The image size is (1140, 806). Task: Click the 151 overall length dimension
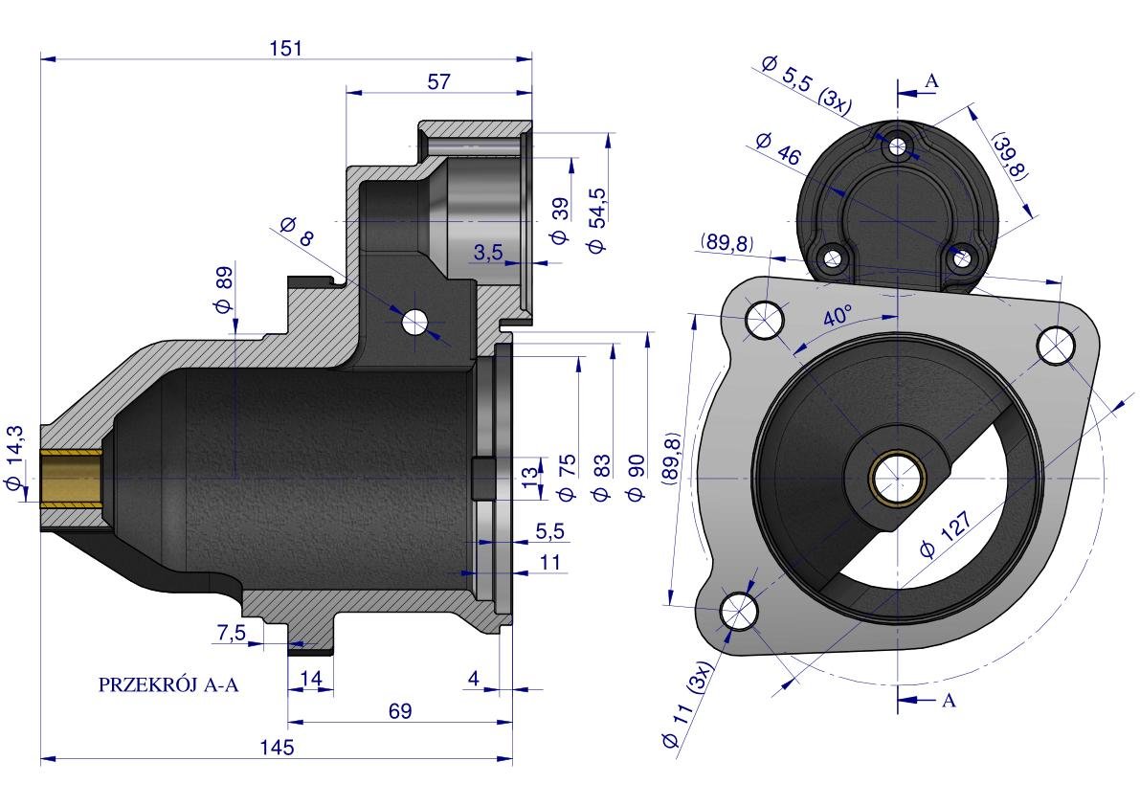click(286, 48)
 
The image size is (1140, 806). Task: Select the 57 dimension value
click(438, 82)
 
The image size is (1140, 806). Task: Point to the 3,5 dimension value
click(487, 252)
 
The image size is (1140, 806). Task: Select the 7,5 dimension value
click(232, 632)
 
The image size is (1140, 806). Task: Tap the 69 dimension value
click(400, 710)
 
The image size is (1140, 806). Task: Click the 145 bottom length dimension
click(278, 747)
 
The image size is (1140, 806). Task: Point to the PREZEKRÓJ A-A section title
click(168, 684)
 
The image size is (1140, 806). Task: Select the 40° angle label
click(837, 317)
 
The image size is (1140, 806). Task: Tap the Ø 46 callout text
click(777, 150)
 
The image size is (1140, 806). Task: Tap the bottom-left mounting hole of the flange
click(739, 610)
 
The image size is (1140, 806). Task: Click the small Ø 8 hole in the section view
click(414, 323)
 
